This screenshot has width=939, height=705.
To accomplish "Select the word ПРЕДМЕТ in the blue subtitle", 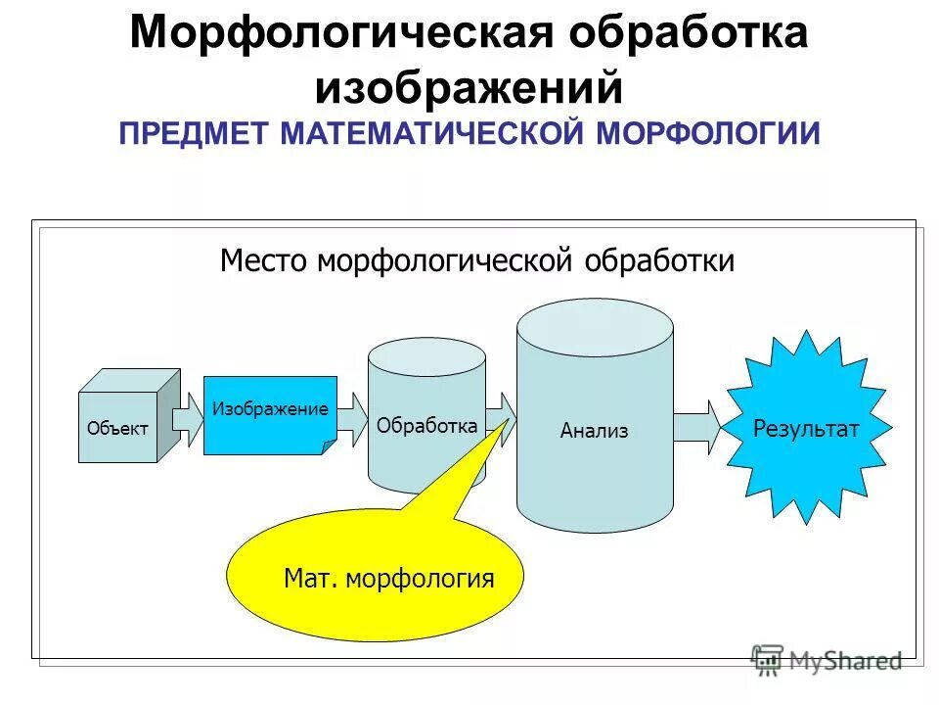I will (x=195, y=132).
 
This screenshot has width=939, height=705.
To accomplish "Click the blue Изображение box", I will (x=269, y=414).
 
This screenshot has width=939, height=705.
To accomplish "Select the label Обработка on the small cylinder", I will (x=426, y=425).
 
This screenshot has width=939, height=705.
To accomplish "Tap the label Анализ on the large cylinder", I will (x=594, y=430).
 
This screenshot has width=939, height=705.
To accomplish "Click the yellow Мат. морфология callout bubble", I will (x=377, y=577).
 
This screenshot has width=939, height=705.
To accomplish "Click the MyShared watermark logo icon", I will (x=767, y=660).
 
